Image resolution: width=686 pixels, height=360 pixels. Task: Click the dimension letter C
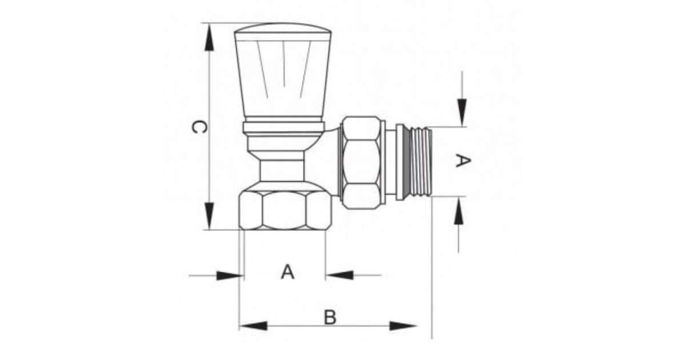point(199,127)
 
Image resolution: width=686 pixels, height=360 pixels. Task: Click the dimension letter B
point(330,318)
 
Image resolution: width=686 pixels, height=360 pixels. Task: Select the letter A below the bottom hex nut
point(288,272)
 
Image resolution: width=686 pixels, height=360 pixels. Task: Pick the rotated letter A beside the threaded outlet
point(462,161)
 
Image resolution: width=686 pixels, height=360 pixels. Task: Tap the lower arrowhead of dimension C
point(209,215)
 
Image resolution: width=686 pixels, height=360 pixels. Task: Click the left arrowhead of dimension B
point(253,326)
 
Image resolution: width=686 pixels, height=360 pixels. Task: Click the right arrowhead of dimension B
point(403,326)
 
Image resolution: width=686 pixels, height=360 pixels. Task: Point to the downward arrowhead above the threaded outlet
point(462,113)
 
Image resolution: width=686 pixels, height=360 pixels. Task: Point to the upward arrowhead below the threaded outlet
point(458,210)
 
